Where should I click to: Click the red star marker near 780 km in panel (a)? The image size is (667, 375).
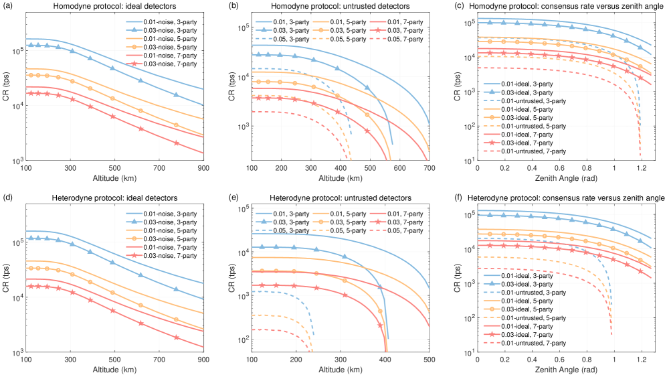pyautogui.click(x=176, y=143)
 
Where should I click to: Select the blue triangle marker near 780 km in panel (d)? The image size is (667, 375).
pyautogui.click(x=176, y=289)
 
